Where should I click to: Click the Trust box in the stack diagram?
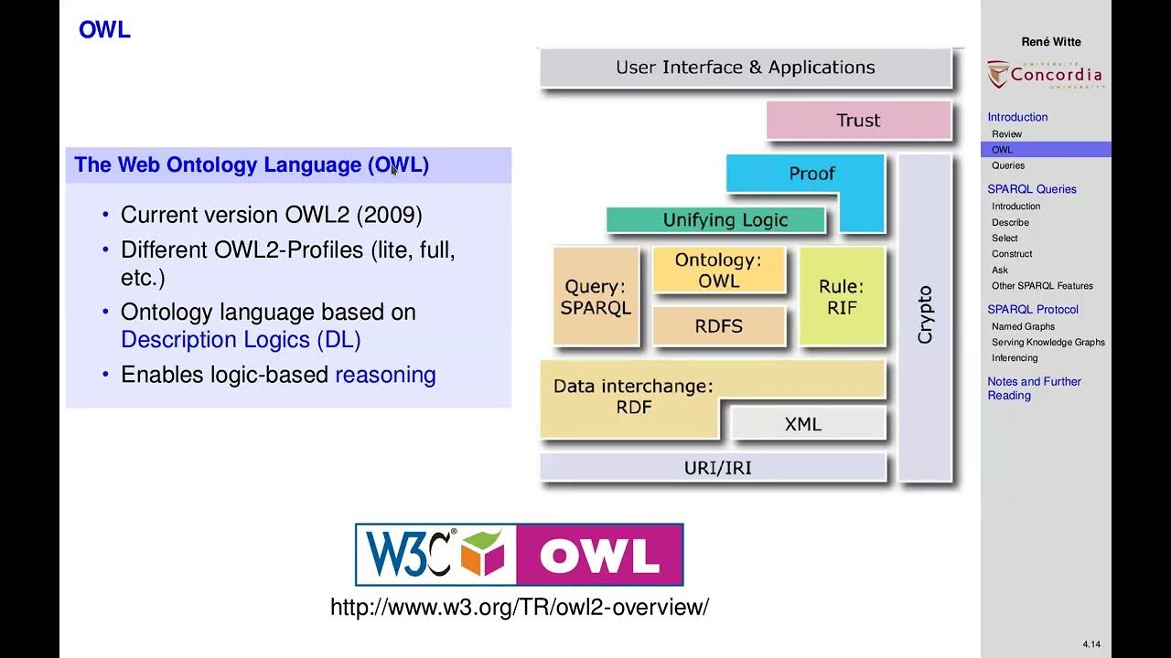point(858,120)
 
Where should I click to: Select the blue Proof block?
point(811,174)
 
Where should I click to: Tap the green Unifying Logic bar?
point(725,220)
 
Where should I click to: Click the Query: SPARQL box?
point(596,297)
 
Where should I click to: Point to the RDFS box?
point(718,326)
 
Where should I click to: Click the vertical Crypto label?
point(925,315)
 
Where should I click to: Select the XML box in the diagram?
point(803,424)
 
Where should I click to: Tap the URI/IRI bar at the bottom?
point(717,467)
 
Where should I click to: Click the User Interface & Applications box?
point(745,68)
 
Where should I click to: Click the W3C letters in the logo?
point(408,554)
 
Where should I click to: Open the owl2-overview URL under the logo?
point(519,607)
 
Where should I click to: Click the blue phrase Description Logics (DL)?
point(241,340)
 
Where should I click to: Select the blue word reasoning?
point(385,375)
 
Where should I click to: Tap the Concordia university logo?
point(1046,75)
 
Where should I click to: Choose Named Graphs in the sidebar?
point(1023,326)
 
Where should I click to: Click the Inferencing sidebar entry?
point(1015,358)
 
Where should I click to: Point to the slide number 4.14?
point(1091,644)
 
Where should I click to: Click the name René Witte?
point(1051,41)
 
